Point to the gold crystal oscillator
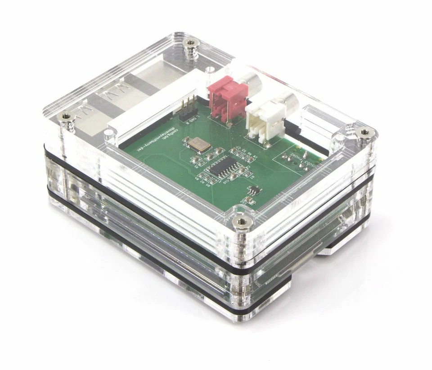point(196,144)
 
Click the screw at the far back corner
point(191,44)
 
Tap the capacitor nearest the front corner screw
point(247,201)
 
